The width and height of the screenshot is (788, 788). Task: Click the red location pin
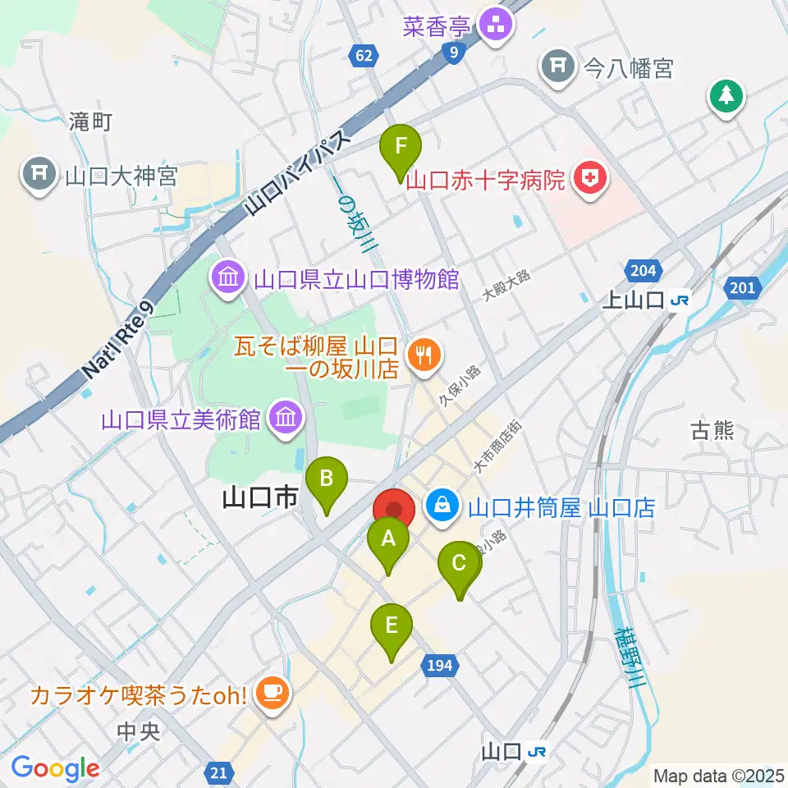coord(395,510)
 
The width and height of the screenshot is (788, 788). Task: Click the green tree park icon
coord(726,96)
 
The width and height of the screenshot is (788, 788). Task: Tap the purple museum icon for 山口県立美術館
coord(286,419)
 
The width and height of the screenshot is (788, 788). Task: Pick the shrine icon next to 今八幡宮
coord(558,66)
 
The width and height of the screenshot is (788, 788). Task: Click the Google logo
coord(55,768)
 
